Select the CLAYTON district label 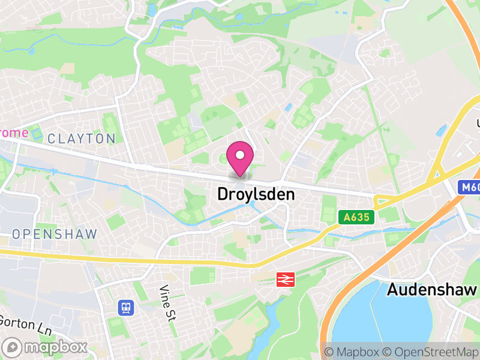click(x=81, y=139)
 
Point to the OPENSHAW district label click(x=54, y=234)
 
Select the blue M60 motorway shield click(x=470, y=188)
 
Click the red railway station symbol click(x=285, y=279)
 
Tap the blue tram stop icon click(x=127, y=308)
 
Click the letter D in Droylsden click(x=223, y=194)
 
